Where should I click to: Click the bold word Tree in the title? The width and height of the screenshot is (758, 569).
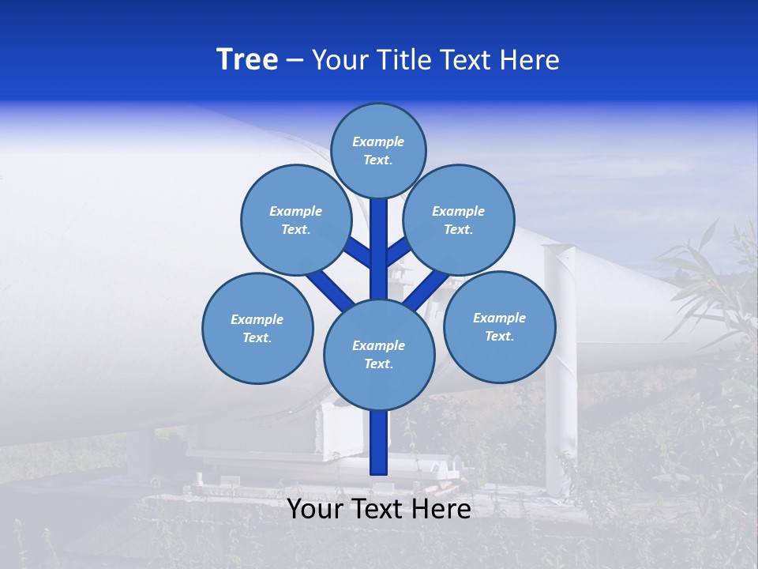pos(247,60)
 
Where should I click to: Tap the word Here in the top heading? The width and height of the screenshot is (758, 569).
pos(532,60)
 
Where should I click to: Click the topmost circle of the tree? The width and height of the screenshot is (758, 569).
pos(378,150)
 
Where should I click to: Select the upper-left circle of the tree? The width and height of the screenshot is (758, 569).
pos(295,220)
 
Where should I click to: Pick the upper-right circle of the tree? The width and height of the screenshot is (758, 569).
pos(458,220)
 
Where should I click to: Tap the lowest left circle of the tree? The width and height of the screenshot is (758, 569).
pos(257,328)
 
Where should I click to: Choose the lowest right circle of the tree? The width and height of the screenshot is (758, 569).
pos(499,326)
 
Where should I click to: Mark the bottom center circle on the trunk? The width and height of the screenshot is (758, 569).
pos(378,354)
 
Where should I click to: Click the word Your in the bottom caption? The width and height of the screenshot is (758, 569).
pos(313,509)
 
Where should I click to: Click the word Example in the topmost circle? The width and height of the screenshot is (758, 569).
pos(378,141)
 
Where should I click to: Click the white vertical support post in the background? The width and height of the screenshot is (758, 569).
pos(560,379)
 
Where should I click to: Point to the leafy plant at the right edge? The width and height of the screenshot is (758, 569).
pos(711,277)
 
